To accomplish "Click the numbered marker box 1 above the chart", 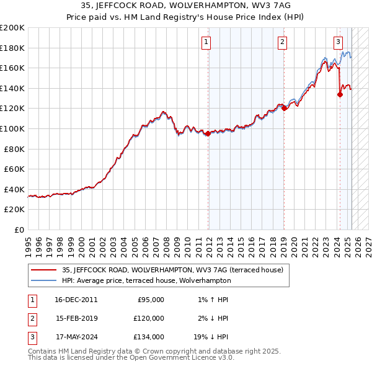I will pos(206,42).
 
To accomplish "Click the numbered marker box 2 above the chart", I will pos(282,42).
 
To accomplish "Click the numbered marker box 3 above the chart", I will pos(338,42).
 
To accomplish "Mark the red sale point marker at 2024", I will pos(340,94).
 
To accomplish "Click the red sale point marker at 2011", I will pos(208,133).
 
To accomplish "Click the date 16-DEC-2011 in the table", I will pos(76,300).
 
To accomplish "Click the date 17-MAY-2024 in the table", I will pos(77,337).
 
